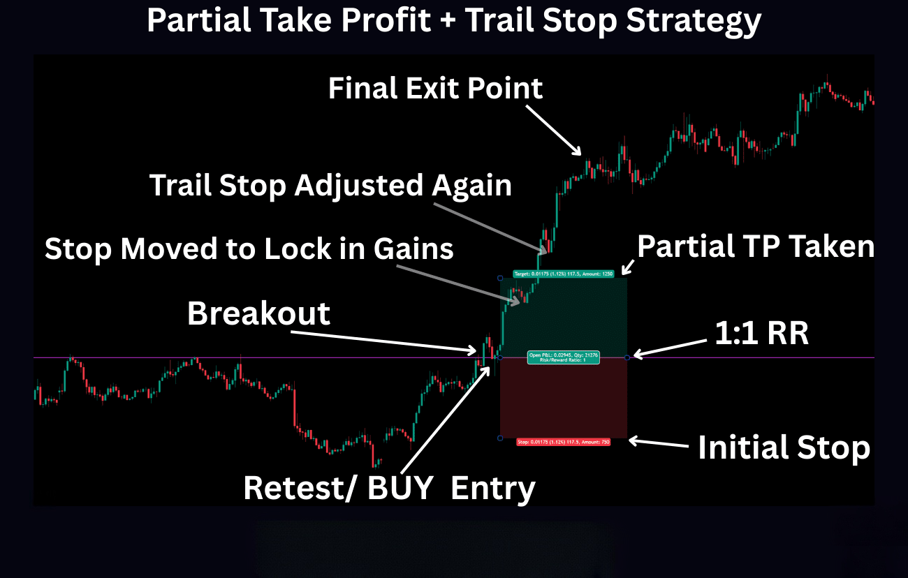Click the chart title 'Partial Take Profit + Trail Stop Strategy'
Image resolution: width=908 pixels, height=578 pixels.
pos(454,21)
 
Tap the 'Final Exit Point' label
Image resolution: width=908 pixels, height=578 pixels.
pos(435,89)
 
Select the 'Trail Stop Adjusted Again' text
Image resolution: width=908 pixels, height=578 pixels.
pos(330,186)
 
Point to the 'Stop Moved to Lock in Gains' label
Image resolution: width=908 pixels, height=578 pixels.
pos(249,249)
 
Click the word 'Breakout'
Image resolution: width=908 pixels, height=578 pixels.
pos(258,314)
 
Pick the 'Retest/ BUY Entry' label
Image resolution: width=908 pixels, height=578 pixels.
pos(389,488)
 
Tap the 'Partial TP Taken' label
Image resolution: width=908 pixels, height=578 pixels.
pos(756,246)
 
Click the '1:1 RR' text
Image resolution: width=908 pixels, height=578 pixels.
pos(761,334)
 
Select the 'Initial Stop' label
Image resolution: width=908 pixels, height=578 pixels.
pos(784,447)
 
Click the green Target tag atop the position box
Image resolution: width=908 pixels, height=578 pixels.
pos(563,274)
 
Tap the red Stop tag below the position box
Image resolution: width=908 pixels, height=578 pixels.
pos(563,442)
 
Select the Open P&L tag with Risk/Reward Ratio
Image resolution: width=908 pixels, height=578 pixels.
pos(563,357)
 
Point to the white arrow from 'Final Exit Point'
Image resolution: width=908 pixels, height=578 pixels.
pos(553,128)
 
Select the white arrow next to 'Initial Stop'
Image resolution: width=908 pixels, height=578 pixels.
pos(660,442)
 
